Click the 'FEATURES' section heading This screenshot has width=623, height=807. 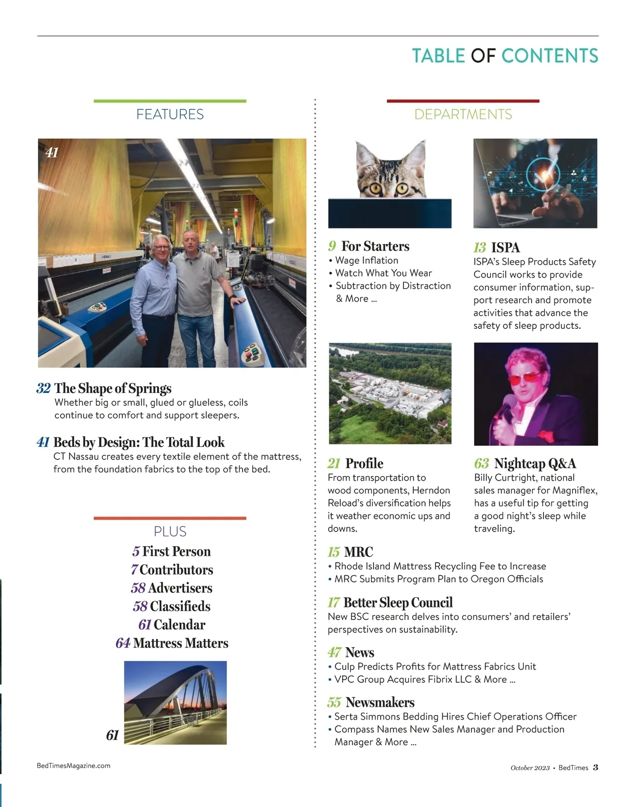pos(170,114)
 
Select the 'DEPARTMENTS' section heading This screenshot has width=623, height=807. pos(463,114)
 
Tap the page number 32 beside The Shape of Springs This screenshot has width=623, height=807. pos(44,389)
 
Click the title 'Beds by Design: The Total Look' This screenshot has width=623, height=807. pos(139,443)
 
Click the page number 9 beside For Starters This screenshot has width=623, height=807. pos(332,246)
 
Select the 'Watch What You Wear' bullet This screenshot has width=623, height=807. pos(383,273)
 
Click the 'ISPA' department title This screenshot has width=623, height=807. pos(505,248)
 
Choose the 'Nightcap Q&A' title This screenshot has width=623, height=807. pos(535,464)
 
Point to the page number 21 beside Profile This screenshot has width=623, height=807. pos(334,464)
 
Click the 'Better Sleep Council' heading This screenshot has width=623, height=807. pos(398,603)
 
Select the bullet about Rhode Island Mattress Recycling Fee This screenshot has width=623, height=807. pos(440,566)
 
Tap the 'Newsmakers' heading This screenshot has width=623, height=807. pos(380,703)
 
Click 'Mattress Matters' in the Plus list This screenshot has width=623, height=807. pos(180,643)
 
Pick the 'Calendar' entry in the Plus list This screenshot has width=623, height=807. pos(179,625)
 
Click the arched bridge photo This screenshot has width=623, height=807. pos(175,703)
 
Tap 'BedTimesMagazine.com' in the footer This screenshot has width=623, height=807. pos(74,766)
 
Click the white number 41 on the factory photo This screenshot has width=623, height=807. pos(52,153)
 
